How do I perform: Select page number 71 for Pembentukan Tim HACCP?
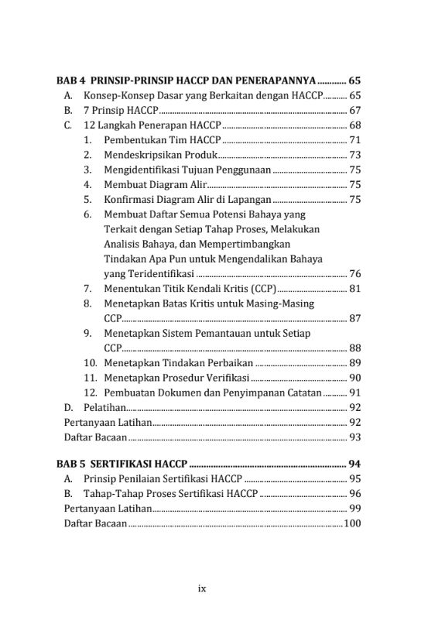355,140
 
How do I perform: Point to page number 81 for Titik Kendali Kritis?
355,289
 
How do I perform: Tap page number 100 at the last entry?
352,524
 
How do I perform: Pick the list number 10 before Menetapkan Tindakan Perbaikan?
90,362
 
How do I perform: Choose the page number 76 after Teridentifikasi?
355,273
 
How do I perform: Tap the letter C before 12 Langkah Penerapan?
68,125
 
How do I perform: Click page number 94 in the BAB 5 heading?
355,464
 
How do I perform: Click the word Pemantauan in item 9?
230,333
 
